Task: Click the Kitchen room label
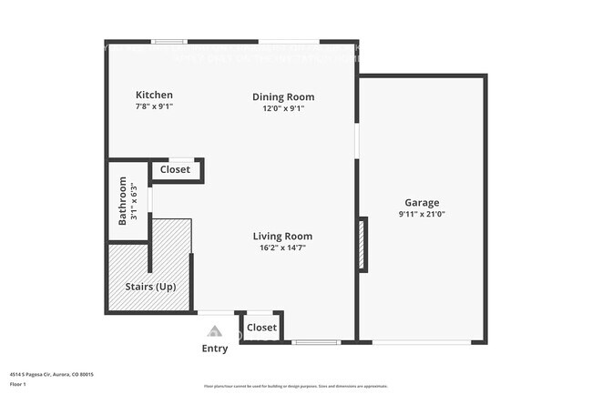[154, 95]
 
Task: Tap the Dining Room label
[283, 96]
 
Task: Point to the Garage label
[422, 202]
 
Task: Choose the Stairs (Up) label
[150, 287]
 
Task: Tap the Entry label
[215, 349]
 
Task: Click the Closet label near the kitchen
[175, 169]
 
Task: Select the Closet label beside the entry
[261, 327]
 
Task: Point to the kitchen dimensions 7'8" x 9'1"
[154, 106]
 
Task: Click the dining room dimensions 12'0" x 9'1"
[283, 108]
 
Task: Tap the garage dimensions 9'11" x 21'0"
[422, 214]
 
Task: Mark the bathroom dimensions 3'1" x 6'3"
[134, 200]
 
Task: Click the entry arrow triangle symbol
[214, 331]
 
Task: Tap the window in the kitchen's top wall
[169, 41]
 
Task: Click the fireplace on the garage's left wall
[363, 244]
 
